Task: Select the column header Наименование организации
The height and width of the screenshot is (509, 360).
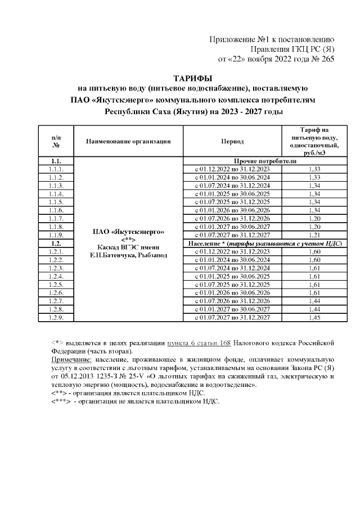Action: pos(128,142)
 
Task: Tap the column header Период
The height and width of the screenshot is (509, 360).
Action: pos(232,142)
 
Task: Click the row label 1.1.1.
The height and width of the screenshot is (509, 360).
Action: pos(56,169)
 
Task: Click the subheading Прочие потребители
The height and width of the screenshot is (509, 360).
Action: pos(264,160)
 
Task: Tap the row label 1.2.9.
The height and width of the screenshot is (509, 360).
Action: pos(56,318)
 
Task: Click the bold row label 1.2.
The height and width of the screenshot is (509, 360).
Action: pos(56,243)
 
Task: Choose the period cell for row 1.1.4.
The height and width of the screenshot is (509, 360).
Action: pos(232,193)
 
